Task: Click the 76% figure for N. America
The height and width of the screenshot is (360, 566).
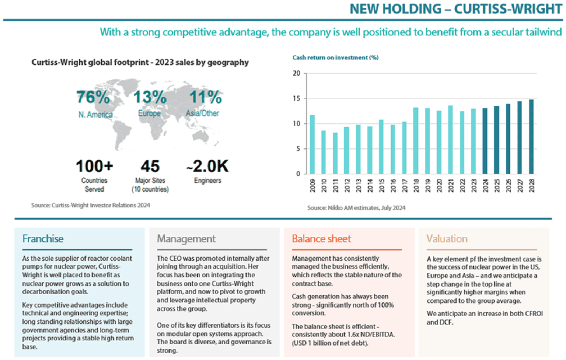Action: pyautogui.click(x=93, y=97)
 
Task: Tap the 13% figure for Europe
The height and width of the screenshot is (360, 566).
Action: pyautogui.click(x=150, y=97)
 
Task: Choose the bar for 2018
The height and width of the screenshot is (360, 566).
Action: pyautogui.click(x=416, y=141)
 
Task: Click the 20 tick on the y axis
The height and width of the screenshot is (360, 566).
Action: pyautogui.click(x=296, y=74)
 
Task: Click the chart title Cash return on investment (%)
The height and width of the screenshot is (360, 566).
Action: pyautogui.click(x=335, y=58)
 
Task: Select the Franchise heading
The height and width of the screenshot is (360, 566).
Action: pyautogui.click(x=43, y=238)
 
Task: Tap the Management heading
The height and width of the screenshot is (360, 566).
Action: pyautogui.click(x=186, y=238)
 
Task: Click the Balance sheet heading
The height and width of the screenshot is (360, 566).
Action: pyautogui.click(x=322, y=238)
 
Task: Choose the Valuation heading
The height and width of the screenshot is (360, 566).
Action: pyautogui.click(x=447, y=238)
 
